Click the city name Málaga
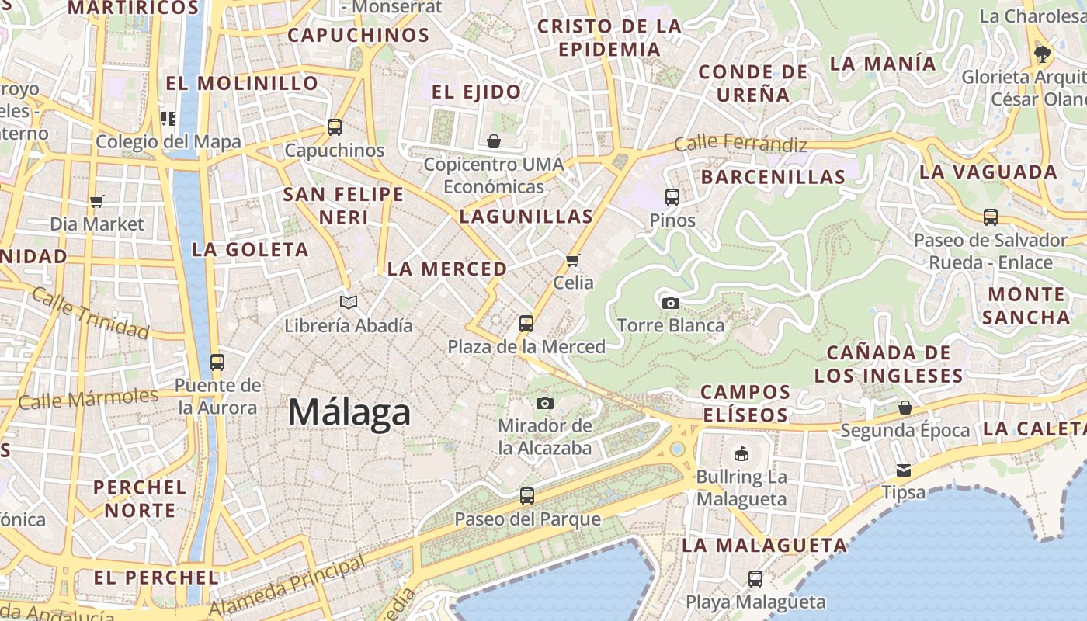(349, 411)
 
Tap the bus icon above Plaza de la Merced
(526, 323)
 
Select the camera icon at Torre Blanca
(671, 303)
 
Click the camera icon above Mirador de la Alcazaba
(545, 403)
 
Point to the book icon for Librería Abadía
(349, 302)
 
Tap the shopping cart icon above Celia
(573, 260)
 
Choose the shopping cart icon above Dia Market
(97, 202)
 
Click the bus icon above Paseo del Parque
(527, 495)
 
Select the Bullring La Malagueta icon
(741, 453)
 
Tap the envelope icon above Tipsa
(904, 470)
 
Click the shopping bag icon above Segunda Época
(905, 408)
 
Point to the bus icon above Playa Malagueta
(755, 578)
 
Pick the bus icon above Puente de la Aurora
(217, 362)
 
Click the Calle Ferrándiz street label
(740, 144)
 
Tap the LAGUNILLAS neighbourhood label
(526, 217)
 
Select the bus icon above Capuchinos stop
(335, 127)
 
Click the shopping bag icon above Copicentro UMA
(494, 141)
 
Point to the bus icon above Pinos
(672, 197)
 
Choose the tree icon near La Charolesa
(1042, 54)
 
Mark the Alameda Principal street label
(287, 584)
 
